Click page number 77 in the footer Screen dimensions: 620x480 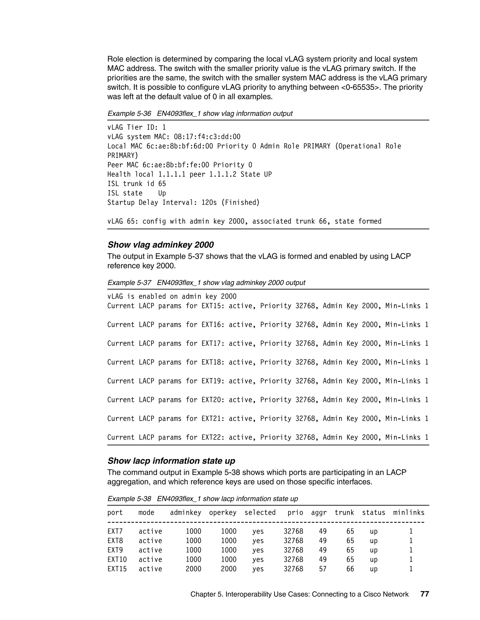pos(424,594)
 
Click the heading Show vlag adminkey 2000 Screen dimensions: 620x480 pos(160,245)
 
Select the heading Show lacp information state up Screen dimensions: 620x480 pos(171,461)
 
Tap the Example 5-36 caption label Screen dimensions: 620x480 pos(129,113)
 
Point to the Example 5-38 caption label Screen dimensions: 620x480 pos(129,499)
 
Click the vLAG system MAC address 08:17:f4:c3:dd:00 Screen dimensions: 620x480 pos(207,137)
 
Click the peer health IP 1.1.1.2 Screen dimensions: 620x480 pos(223,174)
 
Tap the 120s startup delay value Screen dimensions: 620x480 pos(209,202)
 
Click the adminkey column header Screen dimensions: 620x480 pos(185,512)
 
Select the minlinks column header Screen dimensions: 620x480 pos(409,512)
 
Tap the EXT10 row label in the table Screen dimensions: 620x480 pos(117,560)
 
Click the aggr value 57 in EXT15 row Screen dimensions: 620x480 pos(323,569)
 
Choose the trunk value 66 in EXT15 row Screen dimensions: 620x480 pos(350,569)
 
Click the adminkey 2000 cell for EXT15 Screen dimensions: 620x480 pos(193,569)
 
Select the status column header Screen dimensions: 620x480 pos(373,512)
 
